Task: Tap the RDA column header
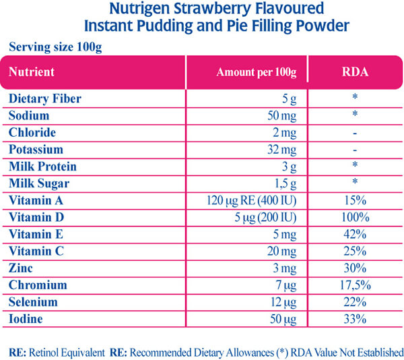coord(354,71)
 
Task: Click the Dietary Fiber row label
coord(44,98)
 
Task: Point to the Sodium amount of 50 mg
coord(282,115)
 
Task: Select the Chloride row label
coord(32,132)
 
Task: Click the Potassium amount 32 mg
coord(282,149)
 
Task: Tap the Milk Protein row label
coord(42,166)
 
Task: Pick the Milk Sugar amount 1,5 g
coord(283,183)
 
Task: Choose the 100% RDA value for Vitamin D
coord(354,217)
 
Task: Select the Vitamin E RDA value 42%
coord(354,234)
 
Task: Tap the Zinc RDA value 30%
coord(354,268)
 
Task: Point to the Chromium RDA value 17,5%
coord(354,284)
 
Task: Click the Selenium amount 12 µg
coord(282,301)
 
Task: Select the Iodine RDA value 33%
coord(354,318)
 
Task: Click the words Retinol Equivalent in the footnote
coord(71,352)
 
